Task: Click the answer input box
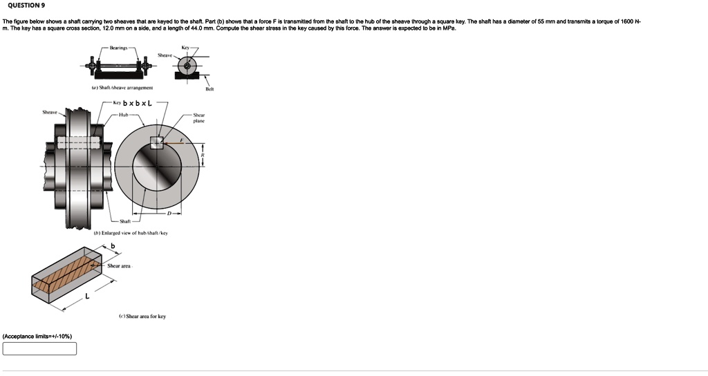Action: click(x=39, y=348)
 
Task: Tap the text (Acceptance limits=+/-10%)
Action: click(x=37, y=336)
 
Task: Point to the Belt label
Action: click(x=209, y=89)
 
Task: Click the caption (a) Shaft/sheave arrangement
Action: click(x=122, y=88)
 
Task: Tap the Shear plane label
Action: click(x=198, y=118)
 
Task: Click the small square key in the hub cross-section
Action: click(x=157, y=142)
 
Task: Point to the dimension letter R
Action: click(x=203, y=156)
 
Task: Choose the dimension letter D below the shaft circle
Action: click(x=168, y=213)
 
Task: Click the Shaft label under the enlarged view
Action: click(x=125, y=221)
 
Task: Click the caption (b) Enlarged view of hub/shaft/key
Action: click(x=130, y=233)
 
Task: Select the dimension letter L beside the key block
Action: click(x=87, y=297)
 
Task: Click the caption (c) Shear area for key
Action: click(x=142, y=317)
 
